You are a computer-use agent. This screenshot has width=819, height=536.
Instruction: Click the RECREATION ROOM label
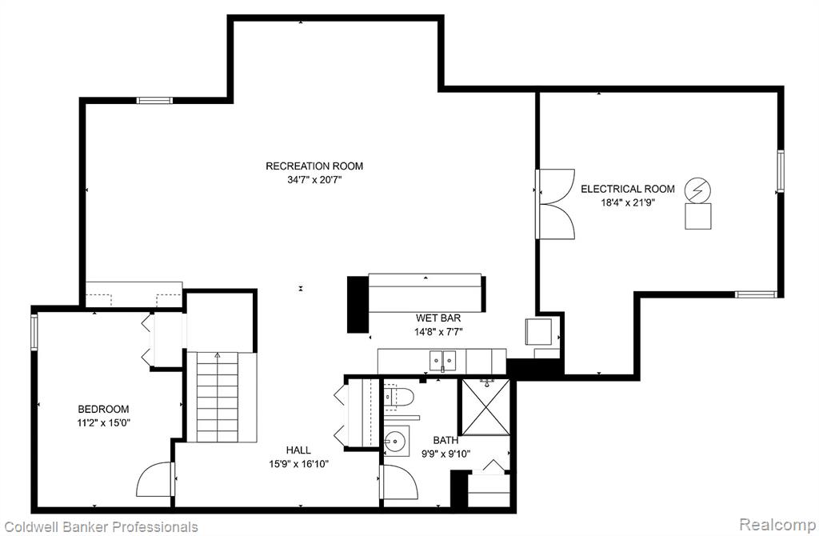pyautogui.click(x=314, y=166)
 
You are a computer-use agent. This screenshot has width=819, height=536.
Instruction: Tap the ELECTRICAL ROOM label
pyautogui.click(x=627, y=189)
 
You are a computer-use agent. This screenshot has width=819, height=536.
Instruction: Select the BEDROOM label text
pyautogui.click(x=103, y=409)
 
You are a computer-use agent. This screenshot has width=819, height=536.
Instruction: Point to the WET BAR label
pyautogui.click(x=438, y=318)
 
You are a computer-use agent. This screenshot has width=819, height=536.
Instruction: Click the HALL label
pyautogui.click(x=298, y=450)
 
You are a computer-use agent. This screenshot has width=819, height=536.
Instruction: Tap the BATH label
pyautogui.click(x=445, y=440)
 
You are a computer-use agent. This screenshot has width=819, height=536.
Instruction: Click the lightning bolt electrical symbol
pyautogui.click(x=697, y=190)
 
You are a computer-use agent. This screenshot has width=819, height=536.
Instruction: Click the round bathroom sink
pyautogui.click(x=397, y=441)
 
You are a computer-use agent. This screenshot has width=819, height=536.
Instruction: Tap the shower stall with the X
pyautogui.click(x=485, y=407)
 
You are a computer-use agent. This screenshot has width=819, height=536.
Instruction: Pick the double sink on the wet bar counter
pyautogui.click(x=442, y=360)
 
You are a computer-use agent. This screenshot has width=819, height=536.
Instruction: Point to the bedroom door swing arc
pyautogui.click(x=154, y=479)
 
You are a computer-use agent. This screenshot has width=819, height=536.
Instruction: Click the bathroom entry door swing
pyautogui.click(x=402, y=482)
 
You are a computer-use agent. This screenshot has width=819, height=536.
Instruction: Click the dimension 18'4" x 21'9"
pyautogui.click(x=628, y=202)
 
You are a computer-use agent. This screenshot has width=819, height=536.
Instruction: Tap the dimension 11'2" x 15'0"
pyautogui.click(x=103, y=422)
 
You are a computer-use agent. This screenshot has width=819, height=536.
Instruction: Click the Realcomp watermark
pyautogui.click(x=777, y=524)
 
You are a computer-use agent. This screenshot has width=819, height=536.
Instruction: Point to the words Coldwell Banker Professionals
pyautogui.click(x=101, y=526)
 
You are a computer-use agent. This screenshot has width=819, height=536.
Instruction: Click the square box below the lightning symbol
pyautogui.click(x=697, y=216)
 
